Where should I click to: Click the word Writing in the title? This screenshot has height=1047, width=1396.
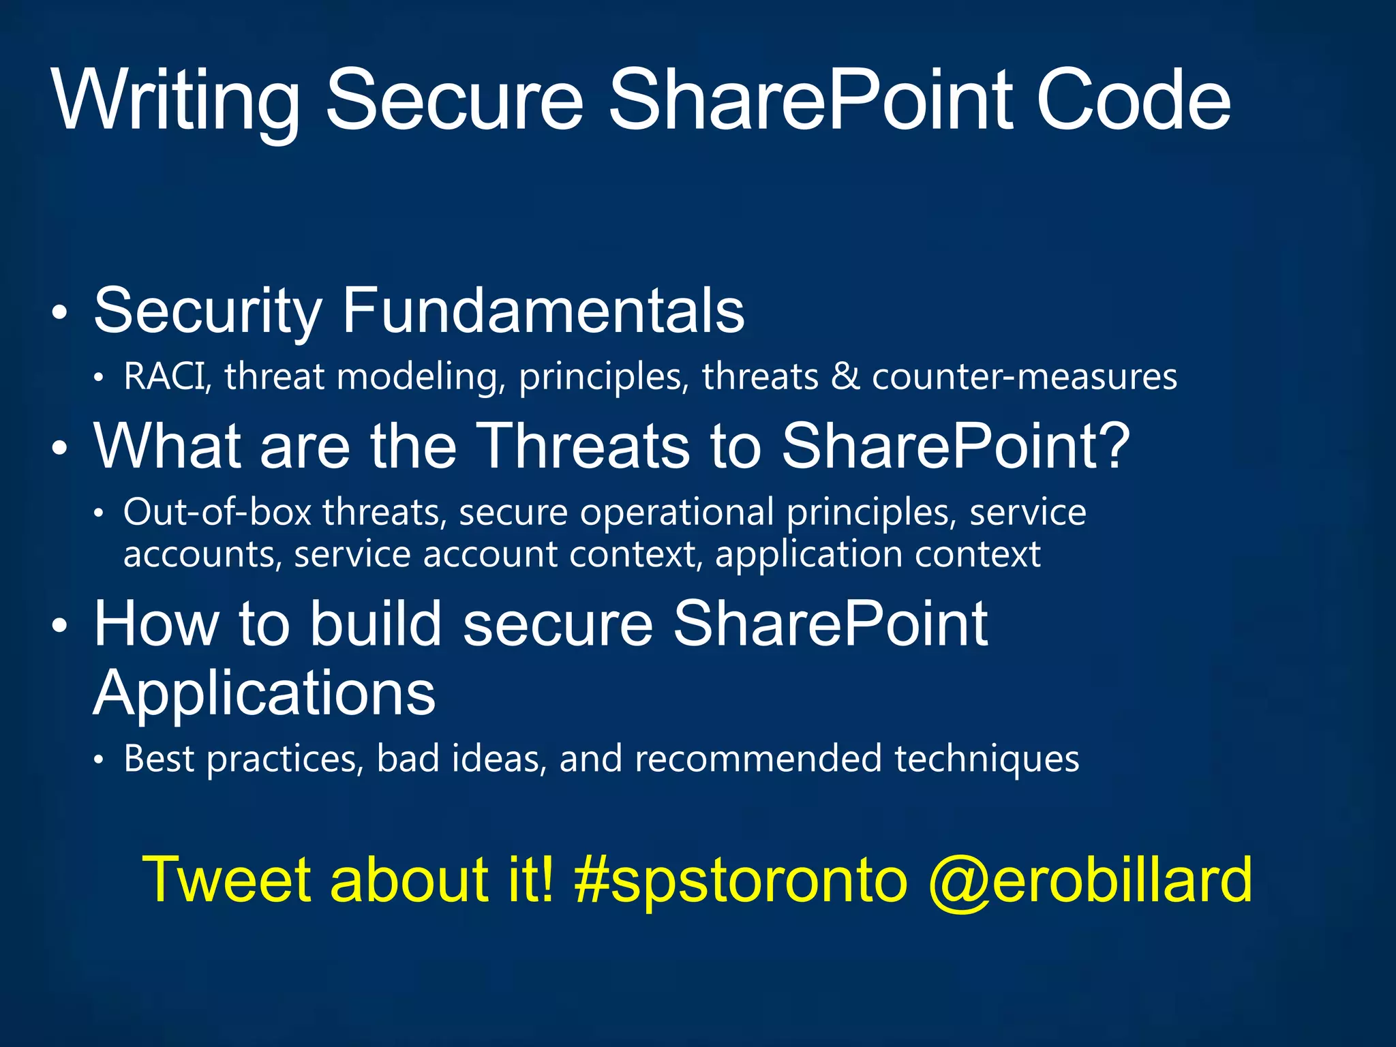(176, 101)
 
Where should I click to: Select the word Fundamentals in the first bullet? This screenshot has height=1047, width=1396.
(543, 311)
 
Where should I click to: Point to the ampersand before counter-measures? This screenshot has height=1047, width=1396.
(845, 376)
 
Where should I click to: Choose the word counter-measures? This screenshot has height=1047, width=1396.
(1025, 376)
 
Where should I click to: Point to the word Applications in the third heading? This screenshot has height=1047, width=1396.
(264, 693)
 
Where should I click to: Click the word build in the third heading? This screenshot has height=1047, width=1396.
(376, 623)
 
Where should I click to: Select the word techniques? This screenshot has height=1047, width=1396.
(987, 759)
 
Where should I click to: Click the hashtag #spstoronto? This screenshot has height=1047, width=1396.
(742, 880)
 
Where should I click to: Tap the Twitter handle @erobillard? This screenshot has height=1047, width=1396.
(1090, 880)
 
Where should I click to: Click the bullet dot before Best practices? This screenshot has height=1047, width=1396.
(99, 761)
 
